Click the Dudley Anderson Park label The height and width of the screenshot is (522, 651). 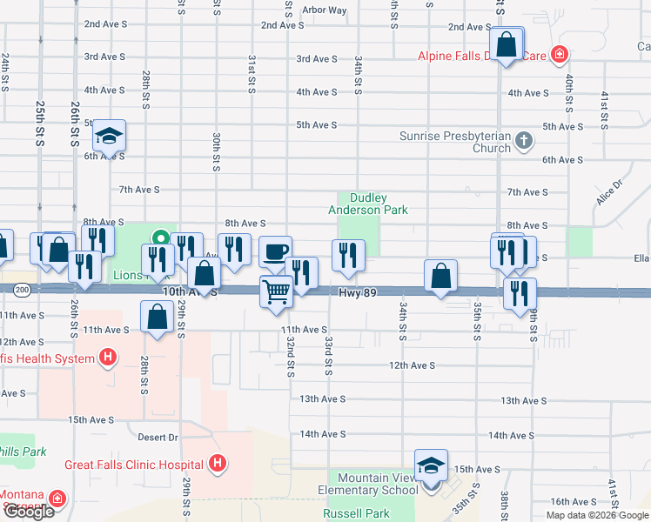[x=367, y=204]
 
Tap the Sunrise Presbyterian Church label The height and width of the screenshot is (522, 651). [x=455, y=142]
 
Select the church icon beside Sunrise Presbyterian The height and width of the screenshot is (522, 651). [x=523, y=139]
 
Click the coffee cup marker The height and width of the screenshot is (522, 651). [x=276, y=252]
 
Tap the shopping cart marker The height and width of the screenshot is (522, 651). [x=277, y=291]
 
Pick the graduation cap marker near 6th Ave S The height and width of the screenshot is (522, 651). [x=110, y=136]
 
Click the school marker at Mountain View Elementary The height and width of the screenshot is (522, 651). [x=431, y=465]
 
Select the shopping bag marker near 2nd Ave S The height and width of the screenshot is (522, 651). [x=506, y=43]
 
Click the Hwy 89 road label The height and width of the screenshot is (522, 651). [x=358, y=294]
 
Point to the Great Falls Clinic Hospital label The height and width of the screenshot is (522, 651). [x=138, y=464]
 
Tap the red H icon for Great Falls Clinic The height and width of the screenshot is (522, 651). [x=218, y=464]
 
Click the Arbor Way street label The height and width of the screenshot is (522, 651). [x=324, y=10]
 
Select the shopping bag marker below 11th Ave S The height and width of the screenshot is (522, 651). [x=158, y=318]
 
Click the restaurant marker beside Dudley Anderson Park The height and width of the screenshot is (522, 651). [x=347, y=255]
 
